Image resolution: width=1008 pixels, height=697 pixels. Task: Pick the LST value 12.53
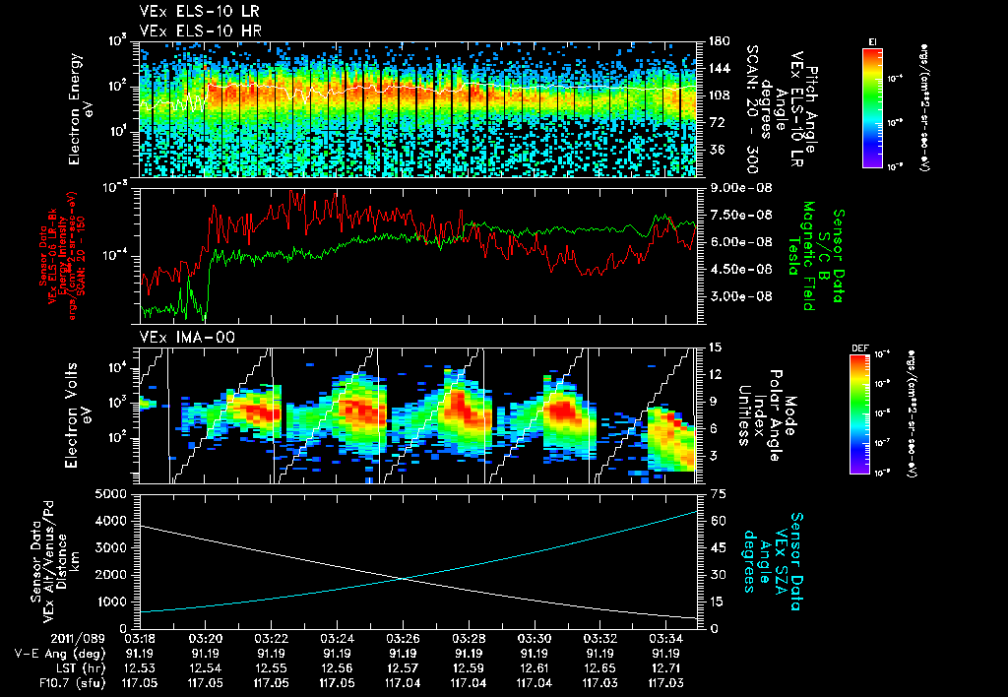coord(140,667)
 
